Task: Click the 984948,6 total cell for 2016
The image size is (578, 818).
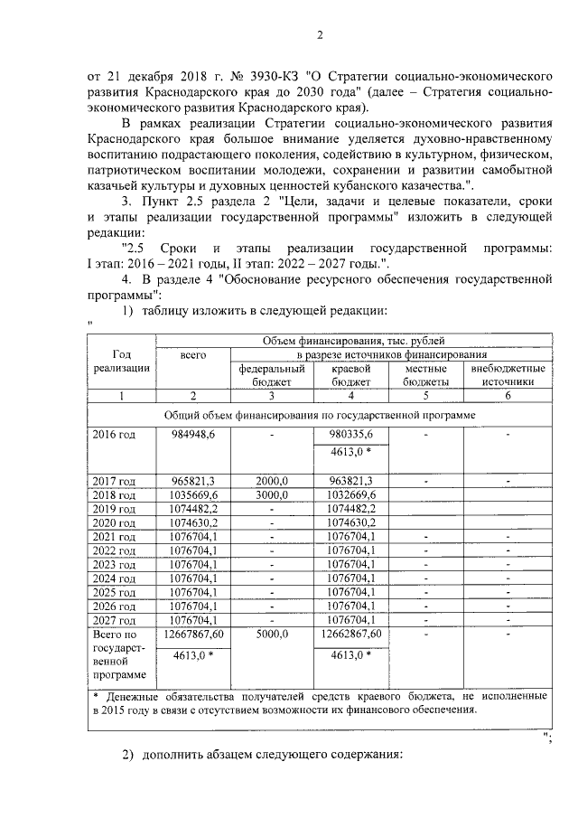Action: coord(193,435)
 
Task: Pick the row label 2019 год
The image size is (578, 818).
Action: coord(114,509)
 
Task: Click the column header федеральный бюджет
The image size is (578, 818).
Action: coord(272,375)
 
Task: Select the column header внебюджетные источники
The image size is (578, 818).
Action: coord(508,375)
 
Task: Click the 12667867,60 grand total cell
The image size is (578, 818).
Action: coord(193,635)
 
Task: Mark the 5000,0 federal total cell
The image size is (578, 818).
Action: coord(272,635)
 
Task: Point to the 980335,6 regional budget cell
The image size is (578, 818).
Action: coord(351,435)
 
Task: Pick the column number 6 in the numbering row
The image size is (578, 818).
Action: coord(508,396)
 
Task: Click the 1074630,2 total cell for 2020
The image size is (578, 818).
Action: coord(193,522)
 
